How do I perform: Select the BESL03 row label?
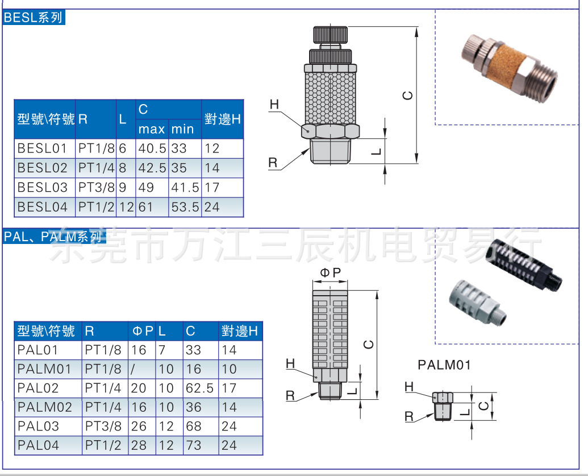pos(43,187)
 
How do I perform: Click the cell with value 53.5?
pos(185,207)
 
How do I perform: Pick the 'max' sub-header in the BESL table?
pos(152,130)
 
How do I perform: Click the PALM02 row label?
pos(45,407)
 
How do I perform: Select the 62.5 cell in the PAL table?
pos(199,388)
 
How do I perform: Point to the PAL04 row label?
pos(38,445)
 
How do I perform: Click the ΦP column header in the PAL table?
pos(143,331)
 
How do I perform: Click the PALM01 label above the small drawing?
pos(444,365)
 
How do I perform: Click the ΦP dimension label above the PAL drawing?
pos(331,273)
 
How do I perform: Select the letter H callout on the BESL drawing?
pos(274,105)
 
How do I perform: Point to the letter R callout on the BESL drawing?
pos(273,163)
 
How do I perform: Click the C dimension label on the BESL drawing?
pos(407,96)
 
